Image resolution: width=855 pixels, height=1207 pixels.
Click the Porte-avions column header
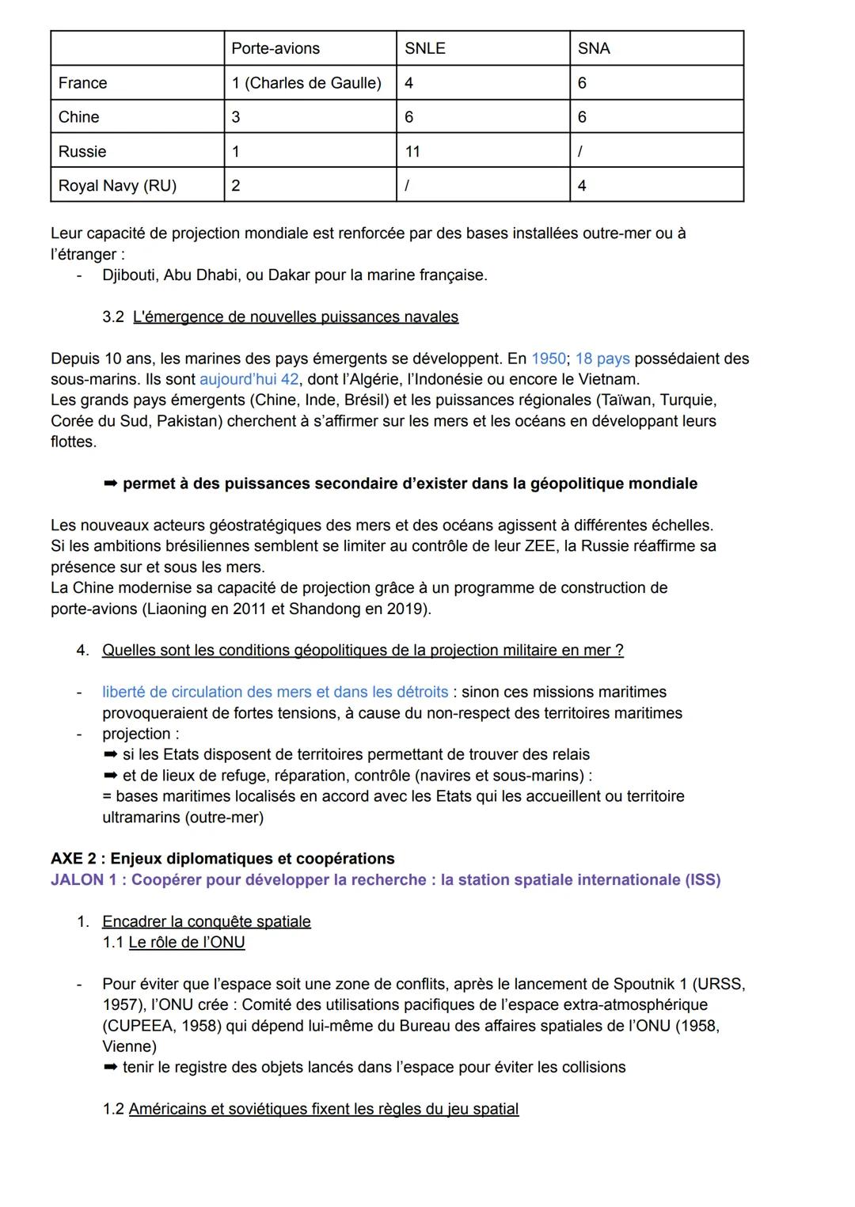pyautogui.click(x=275, y=48)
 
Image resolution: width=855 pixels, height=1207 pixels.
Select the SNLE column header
pyautogui.click(x=425, y=48)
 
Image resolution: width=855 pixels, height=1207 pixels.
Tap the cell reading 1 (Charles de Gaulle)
pyautogui.click(x=306, y=82)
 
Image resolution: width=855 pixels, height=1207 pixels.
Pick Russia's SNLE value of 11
pyautogui.click(x=412, y=151)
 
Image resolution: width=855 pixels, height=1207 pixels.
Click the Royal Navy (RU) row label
pyautogui.click(x=117, y=185)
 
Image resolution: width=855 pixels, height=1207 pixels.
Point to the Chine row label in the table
pyautogui.click(x=79, y=116)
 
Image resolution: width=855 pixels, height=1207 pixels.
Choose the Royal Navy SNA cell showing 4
pyautogui.click(x=582, y=185)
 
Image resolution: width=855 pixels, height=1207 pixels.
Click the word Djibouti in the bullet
pyautogui.click(x=129, y=275)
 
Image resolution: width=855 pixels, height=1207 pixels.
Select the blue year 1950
pyautogui.click(x=549, y=359)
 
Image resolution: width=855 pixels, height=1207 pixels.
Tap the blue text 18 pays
pyautogui.click(x=602, y=359)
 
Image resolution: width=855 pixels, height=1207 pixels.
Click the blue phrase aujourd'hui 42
pyautogui.click(x=249, y=379)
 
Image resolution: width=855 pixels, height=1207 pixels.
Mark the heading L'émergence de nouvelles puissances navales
pyautogui.click(x=295, y=317)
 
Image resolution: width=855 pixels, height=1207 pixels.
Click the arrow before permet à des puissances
pyautogui.click(x=110, y=484)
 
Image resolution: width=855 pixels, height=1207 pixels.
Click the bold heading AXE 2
pyautogui.click(x=76, y=859)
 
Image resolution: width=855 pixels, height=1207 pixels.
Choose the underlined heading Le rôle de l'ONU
pyautogui.click(x=187, y=942)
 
